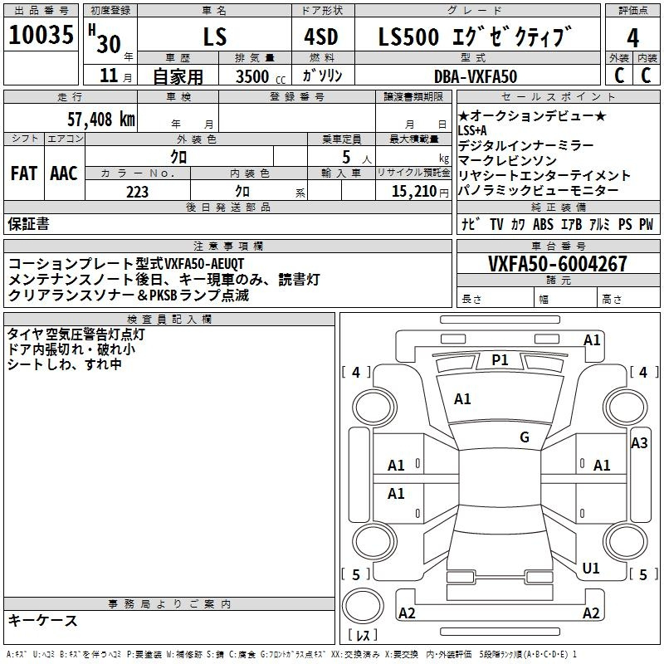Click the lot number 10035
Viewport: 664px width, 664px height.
tap(41, 35)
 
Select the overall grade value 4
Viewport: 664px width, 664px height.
tap(632, 38)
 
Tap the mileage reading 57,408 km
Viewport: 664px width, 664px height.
tap(101, 120)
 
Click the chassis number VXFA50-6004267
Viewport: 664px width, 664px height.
tap(557, 263)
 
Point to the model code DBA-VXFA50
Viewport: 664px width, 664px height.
tap(476, 76)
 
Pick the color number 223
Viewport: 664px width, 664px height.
tap(137, 192)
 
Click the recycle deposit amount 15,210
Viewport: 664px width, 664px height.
tap(414, 192)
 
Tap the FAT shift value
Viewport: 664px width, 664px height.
tap(24, 173)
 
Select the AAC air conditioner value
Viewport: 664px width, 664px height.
tap(64, 173)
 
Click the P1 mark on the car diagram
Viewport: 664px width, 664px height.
tap(500, 360)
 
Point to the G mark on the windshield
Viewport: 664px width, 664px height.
tap(525, 437)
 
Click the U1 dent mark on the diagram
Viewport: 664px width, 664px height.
tap(591, 568)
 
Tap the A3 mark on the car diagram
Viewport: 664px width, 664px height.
tap(639, 443)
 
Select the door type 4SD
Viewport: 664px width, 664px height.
tap(321, 37)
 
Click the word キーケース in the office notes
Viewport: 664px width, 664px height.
tap(43, 620)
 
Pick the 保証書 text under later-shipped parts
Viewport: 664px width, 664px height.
tap(28, 224)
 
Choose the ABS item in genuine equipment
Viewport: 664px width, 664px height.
tap(543, 224)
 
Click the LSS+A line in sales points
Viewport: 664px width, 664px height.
tap(472, 130)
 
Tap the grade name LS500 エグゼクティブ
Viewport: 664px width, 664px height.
tap(475, 36)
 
